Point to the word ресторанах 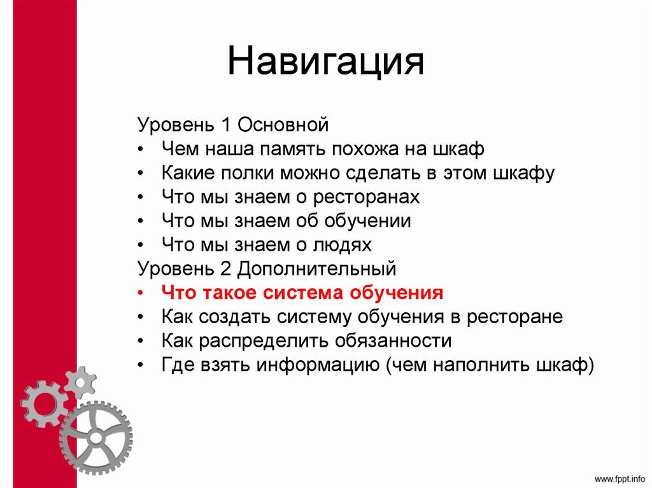click(x=366, y=197)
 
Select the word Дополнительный click(x=317, y=269)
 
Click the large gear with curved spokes click(x=96, y=438)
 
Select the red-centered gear click(x=43, y=402)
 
